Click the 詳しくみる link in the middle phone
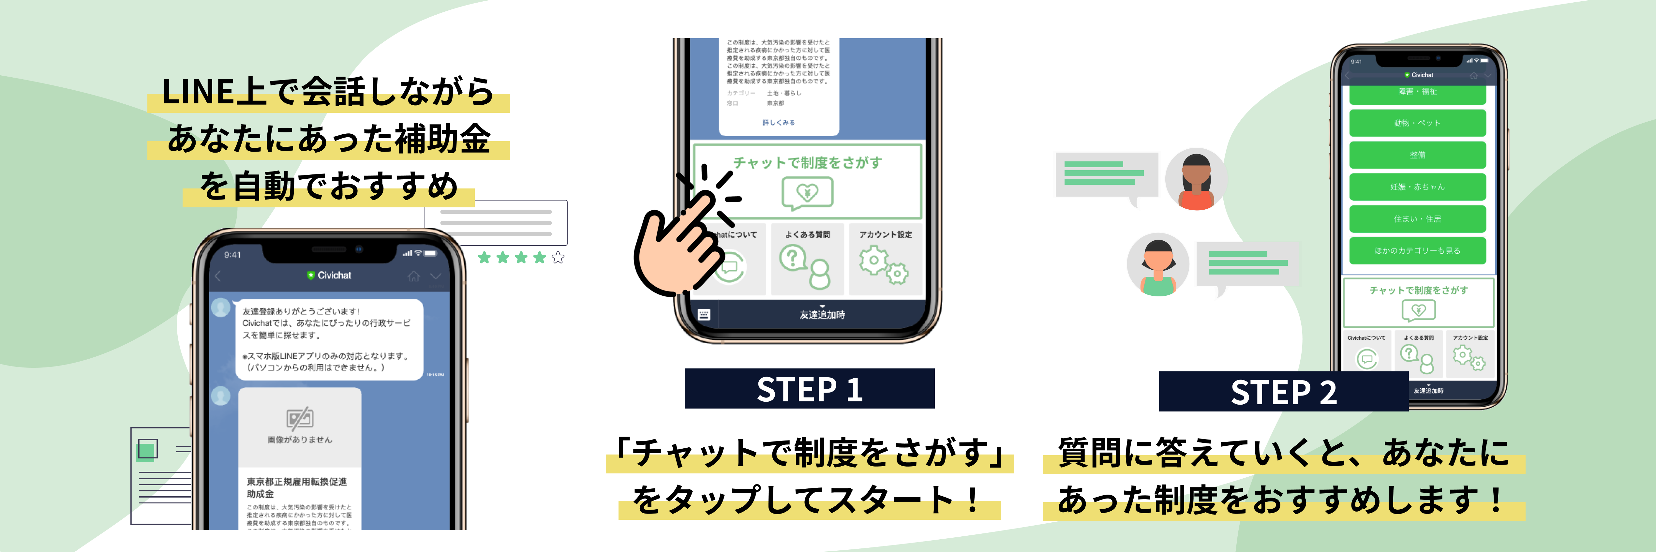[779, 122]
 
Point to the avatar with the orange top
[1196, 180]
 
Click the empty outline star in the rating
[558, 258]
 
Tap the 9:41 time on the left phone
[232, 254]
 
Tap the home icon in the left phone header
[413, 276]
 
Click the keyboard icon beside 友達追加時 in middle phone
[704, 314]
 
